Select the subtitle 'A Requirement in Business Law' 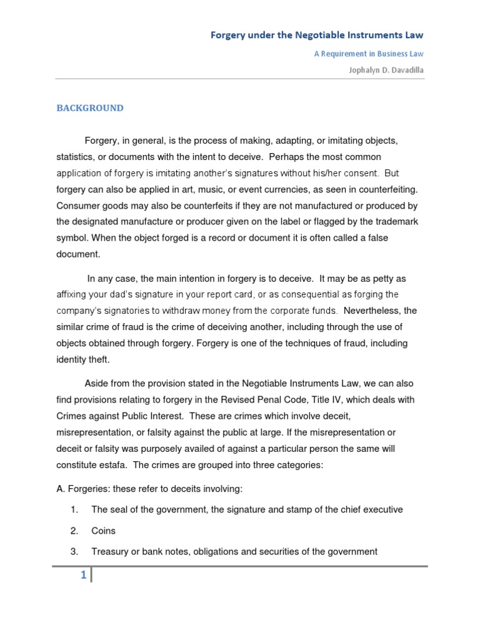368,54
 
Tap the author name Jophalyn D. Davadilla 386,70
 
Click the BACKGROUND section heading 90,108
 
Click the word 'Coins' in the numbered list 104,531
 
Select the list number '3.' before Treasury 74,551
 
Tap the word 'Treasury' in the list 110,551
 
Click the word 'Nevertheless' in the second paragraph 374,311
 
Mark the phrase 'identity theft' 82,359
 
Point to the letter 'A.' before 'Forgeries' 61,489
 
